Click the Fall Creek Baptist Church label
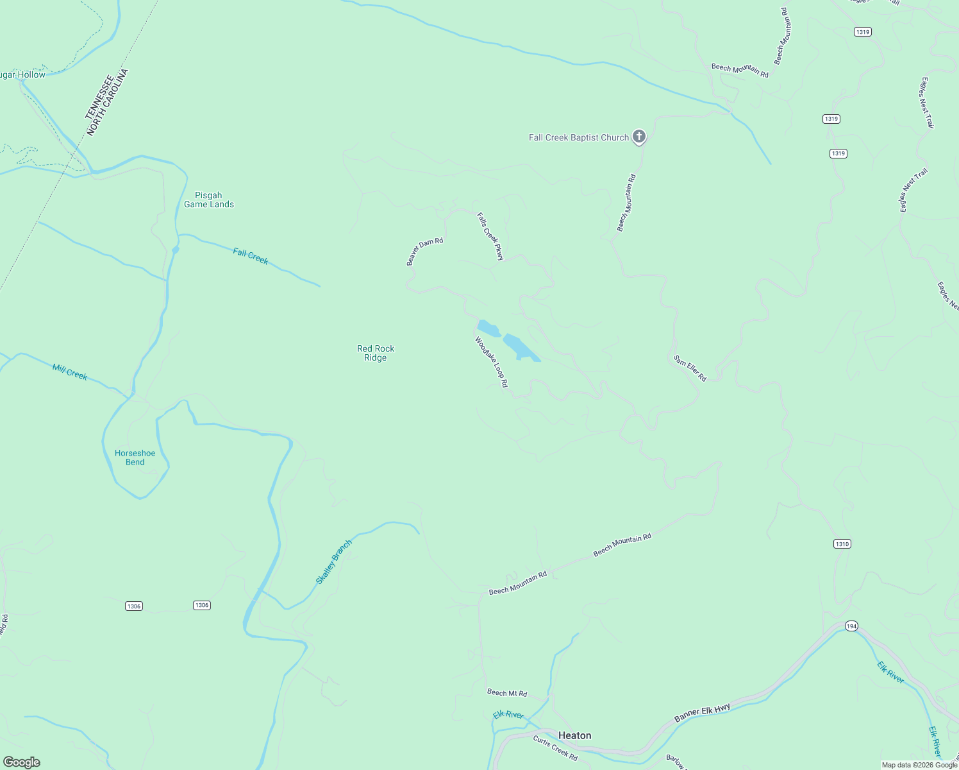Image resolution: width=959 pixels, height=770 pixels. pyautogui.click(x=578, y=137)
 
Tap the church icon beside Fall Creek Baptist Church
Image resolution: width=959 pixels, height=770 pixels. pyautogui.click(x=638, y=136)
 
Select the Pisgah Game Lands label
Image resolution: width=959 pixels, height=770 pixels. pyautogui.click(x=209, y=200)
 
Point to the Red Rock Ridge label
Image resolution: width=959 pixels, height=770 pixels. pyautogui.click(x=376, y=353)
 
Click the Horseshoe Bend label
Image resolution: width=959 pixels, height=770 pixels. pyautogui.click(x=135, y=458)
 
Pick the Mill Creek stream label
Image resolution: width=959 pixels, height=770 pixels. pyautogui.click(x=70, y=372)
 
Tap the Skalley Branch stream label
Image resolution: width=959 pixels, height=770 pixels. pyautogui.click(x=333, y=562)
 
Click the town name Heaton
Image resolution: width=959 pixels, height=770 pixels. pyautogui.click(x=574, y=735)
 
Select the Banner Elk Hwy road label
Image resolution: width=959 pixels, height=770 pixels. pyautogui.click(x=702, y=712)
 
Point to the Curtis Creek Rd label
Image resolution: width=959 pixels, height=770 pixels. pyautogui.click(x=555, y=748)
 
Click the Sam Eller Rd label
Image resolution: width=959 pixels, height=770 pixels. pyautogui.click(x=690, y=368)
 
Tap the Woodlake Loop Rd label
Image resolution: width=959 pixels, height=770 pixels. pyautogui.click(x=491, y=363)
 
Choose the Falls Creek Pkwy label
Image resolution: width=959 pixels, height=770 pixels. pyautogui.click(x=490, y=237)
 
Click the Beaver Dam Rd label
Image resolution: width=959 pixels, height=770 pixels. pyautogui.click(x=424, y=251)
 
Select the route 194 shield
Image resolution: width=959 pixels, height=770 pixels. pyautogui.click(x=851, y=626)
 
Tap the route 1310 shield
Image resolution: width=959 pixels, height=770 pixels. pyautogui.click(x=842, y=544)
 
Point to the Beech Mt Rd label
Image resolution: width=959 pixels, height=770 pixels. pyautogui.click(x=507, y=693)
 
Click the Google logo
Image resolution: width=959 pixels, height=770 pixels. pyautogui.click(x=22, y=762)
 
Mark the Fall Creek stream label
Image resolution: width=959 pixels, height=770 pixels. pyautogui.click(x=251, y=257)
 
